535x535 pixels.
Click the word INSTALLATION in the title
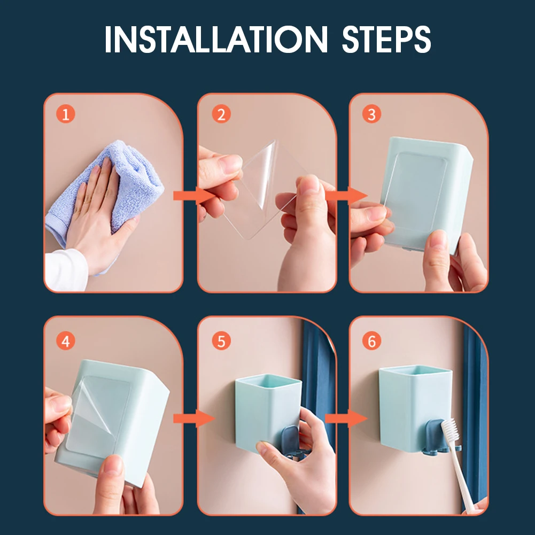point(216,39)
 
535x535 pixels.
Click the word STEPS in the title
point(386,39)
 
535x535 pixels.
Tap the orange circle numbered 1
point(66,114)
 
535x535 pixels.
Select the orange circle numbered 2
point(221,114)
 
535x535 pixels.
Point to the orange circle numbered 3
point(371,114)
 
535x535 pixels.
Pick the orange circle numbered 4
point(66,341)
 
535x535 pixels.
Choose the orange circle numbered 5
point(221,341)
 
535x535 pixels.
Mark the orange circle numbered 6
point(371,341)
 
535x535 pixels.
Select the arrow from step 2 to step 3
point(346,196)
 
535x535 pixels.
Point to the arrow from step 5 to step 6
point(346,418)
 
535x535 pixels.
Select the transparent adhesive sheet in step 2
point(263,191)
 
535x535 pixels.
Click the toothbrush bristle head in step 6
point(451,431)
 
